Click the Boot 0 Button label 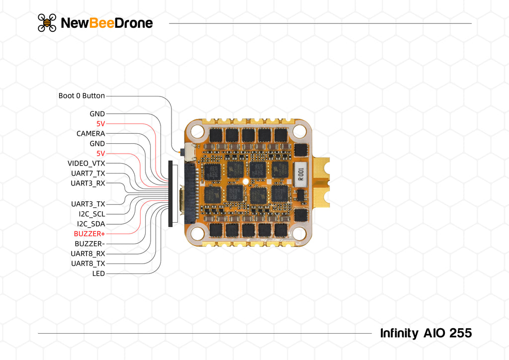pyautogui.click(x=82, y=95)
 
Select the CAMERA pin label pyautogui.click(x=90, y=134)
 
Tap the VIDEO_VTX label pyautogui.click(x=86, y=164)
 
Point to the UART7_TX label pyautogui.click(x=88, y=174)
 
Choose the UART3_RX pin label pyautogui.click(x=87, y=183)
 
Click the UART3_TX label pyautogui.click(x=88, y=204)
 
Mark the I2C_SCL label pyautogui.click(x=91, y=214)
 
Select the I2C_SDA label pyautogui.click(x=91, y=224)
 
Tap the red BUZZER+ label pyautogui.click(x=89, y=234)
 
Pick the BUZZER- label pyautogui.click(x=89, y=244)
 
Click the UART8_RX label pyautogui.click(x=87, y=254)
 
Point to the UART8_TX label pyautogui.click(x=88, y=264)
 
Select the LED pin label pyautogui.click(x=98, y=273)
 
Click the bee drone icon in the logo pyautogui.click(x=47, y=23)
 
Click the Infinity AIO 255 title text pyautogui.click(x=425, y=333)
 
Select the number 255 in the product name pyautogui.click(x=460, y=333)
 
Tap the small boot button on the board pyautogui.click(x=188, y=149)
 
